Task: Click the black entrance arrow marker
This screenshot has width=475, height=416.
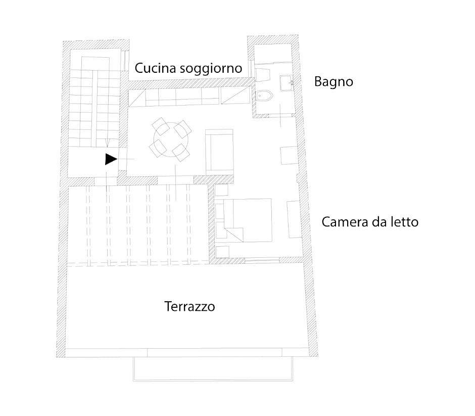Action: click(x=111, y=159)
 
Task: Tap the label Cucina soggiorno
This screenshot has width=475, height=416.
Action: click(x=188, y=68)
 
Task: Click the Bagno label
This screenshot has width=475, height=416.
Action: click(x=334, y=82)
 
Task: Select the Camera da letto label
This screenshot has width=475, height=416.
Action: click(x=370, y=222)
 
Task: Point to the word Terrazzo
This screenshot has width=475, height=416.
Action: click(x=189, y=306)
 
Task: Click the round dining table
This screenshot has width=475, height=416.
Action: click(x=171, y=140)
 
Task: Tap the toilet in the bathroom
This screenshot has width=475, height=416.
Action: click(x=264, y=96)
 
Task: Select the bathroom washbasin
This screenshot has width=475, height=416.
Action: click(x=287, y=83)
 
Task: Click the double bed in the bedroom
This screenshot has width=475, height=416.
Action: click(x=248, y=220)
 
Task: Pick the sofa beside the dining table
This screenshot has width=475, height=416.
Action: click(x=219, y=152)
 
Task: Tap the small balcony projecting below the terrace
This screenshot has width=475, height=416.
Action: click(x=213, y=368)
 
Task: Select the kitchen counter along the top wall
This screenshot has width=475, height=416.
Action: click(x=189, y=97)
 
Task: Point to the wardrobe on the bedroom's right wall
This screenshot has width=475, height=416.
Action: click(x=294, y=219)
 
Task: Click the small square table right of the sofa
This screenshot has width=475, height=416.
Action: click(x=289, y=155)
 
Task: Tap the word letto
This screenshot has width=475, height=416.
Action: click(x=404, y=222)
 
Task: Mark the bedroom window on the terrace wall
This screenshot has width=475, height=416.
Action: click(x=262, y=260)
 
